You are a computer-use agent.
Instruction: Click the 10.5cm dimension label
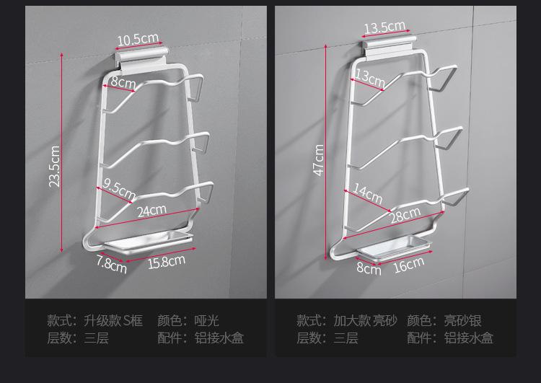point(138,39)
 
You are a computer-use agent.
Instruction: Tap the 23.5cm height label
point(55,167)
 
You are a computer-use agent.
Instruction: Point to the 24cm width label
point(151,211)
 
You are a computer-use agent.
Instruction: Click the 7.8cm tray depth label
point(112,265)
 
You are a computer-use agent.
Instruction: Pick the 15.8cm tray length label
point(167,261)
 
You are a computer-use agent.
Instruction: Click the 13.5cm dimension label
point(384,28)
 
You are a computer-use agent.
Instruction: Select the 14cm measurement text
point(368,194)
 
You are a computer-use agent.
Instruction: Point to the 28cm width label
point(405,215)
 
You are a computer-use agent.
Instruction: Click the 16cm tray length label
point(409,265)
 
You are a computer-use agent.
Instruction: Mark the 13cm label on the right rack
point(370,77)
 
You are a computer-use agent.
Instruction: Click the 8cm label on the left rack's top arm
point(123,82)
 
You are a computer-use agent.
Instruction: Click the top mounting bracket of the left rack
point(141,57)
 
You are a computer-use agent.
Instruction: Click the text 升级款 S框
point(113,320)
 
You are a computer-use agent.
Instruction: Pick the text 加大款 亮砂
point(365,320)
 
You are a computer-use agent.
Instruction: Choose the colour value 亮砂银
point(462,320)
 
